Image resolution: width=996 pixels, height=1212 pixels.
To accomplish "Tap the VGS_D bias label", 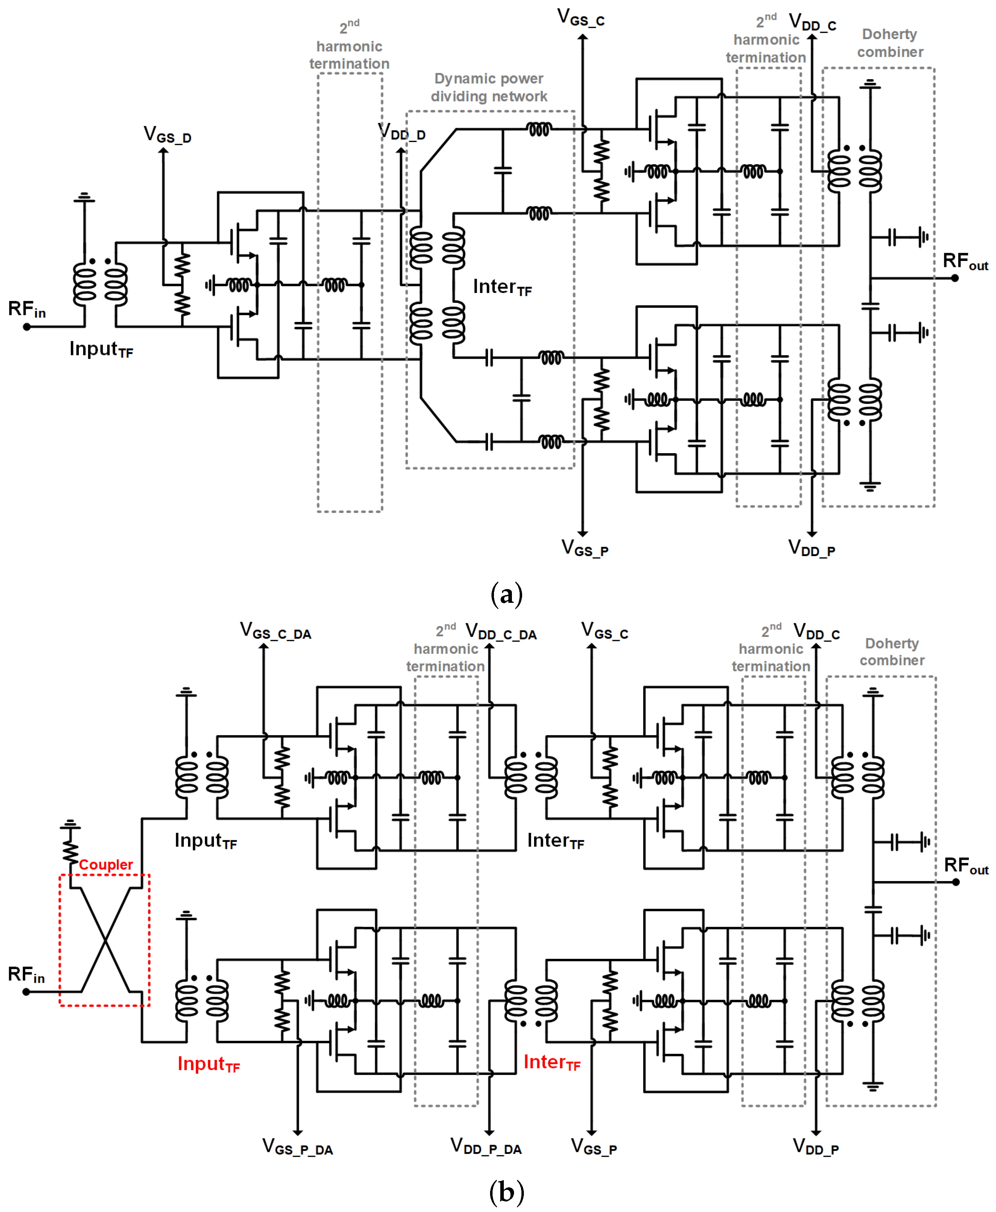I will [x=167, y=135].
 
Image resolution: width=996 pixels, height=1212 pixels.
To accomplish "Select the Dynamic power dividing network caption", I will [x=489, y=87].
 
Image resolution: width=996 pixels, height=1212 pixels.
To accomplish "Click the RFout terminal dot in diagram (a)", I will [x=955, y=278].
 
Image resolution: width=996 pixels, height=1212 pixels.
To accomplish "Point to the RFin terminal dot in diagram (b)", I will [x=26, y=992].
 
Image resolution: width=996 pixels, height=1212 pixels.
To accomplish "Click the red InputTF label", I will [x=208, y=1064].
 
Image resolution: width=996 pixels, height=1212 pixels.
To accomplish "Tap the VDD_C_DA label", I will [x=501, y=632].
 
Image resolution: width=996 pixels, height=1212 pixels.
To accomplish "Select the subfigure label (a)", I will [x=507, y=594].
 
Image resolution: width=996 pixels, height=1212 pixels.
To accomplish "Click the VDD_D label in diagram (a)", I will [x=402, y=132].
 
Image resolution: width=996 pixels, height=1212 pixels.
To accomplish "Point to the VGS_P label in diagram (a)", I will [x=584, y=548].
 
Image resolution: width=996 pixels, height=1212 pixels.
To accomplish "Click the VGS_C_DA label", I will [x=275, y=631].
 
